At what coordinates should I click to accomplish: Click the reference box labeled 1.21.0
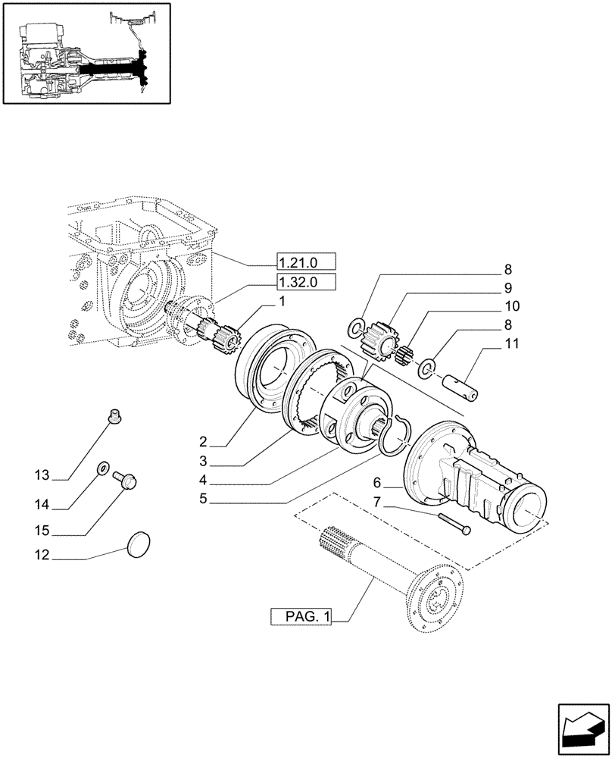point(305,263)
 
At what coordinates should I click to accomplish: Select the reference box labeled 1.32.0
point(305,283)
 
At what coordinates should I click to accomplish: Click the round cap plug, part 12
point(137,543)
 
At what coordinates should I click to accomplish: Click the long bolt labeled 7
point(454,522)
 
